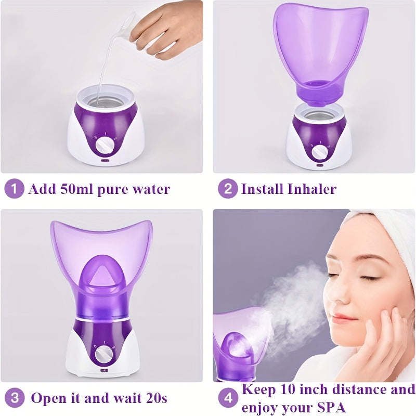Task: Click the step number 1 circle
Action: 15,189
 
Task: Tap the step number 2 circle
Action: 228,189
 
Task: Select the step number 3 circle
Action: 15,398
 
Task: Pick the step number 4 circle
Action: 228,398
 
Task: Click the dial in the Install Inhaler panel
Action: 319,152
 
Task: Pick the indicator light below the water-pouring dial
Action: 105,160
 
